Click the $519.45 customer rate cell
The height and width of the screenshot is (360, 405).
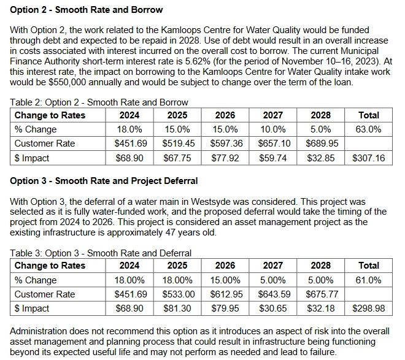(x=179, y=144)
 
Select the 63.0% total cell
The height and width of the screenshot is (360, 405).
(x=368, y=129)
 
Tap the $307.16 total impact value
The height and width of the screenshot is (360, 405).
(x=369, y=158)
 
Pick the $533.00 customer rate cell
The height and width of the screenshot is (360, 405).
(x=179, y=294)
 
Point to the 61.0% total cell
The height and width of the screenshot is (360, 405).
(x=368, y=280)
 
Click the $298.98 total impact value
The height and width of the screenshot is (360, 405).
(x=369, y=308)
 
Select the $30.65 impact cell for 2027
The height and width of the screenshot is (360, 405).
(x=273, y=308)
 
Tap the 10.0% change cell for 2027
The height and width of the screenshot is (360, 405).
(x=273, y=129)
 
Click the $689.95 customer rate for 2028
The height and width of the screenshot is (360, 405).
(x=322, y=144)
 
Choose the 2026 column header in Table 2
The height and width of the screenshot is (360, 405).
(x=225, y=115)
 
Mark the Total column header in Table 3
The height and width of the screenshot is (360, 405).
(x=369, y=266)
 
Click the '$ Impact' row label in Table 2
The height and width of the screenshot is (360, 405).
(x=32, y=158)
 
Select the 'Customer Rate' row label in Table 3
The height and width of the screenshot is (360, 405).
(x=45, y=294)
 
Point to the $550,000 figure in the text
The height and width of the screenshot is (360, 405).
(x=67, y=82)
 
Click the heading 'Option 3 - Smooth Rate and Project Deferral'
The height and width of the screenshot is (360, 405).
(x=104, y=181)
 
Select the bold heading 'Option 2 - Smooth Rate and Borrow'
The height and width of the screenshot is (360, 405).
(x=87, y=10)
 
